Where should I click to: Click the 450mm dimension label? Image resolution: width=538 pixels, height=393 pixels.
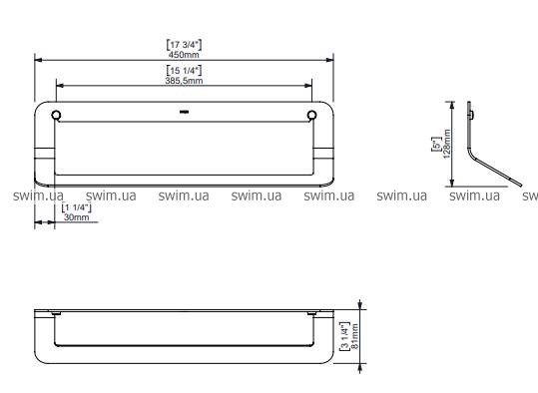(184, 55)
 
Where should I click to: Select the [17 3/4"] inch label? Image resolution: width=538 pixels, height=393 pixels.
(184, 45)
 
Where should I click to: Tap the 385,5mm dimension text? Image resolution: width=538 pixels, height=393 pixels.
(184, 81)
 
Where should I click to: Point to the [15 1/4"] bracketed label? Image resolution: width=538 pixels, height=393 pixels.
(184, 70)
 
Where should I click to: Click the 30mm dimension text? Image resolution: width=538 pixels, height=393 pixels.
(76, 217)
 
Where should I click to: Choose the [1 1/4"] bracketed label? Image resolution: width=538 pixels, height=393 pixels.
(76, 207)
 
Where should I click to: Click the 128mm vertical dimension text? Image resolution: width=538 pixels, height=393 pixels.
(447, 144)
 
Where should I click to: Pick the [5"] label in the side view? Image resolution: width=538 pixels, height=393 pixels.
(437, 144)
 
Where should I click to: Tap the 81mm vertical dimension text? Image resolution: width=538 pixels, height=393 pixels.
(355, 336)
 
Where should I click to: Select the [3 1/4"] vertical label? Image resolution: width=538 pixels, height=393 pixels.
(344, 336)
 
